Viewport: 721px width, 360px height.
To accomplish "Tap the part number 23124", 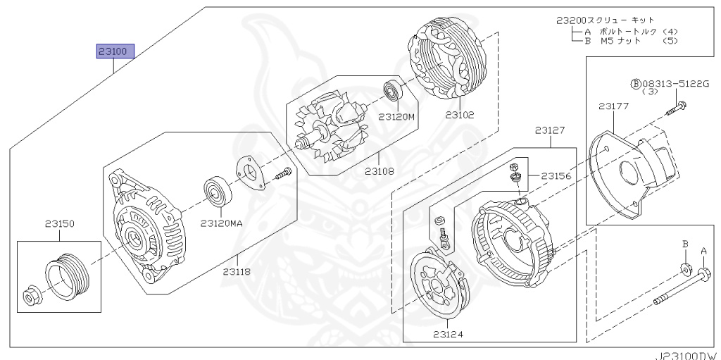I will [448, 334].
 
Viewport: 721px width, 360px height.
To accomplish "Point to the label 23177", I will [613, 106].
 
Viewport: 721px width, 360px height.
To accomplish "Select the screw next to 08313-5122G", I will [680, 108].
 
